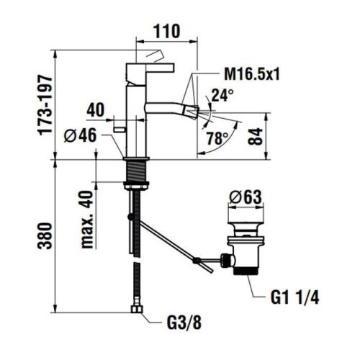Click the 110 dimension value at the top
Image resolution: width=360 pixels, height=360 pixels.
coord(166,31)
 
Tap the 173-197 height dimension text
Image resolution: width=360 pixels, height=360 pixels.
coord(46,105)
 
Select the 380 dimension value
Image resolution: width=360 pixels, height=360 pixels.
coord(45,235)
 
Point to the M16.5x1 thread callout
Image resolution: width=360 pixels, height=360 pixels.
coord(252,74)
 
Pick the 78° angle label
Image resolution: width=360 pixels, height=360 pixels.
coord(217,138)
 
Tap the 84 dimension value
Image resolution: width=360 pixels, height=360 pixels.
coord(256,137)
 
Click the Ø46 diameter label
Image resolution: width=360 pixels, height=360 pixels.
coord(81,135)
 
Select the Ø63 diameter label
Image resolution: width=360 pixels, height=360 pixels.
coord(246,197)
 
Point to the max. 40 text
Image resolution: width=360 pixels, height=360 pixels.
coord(87,219)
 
